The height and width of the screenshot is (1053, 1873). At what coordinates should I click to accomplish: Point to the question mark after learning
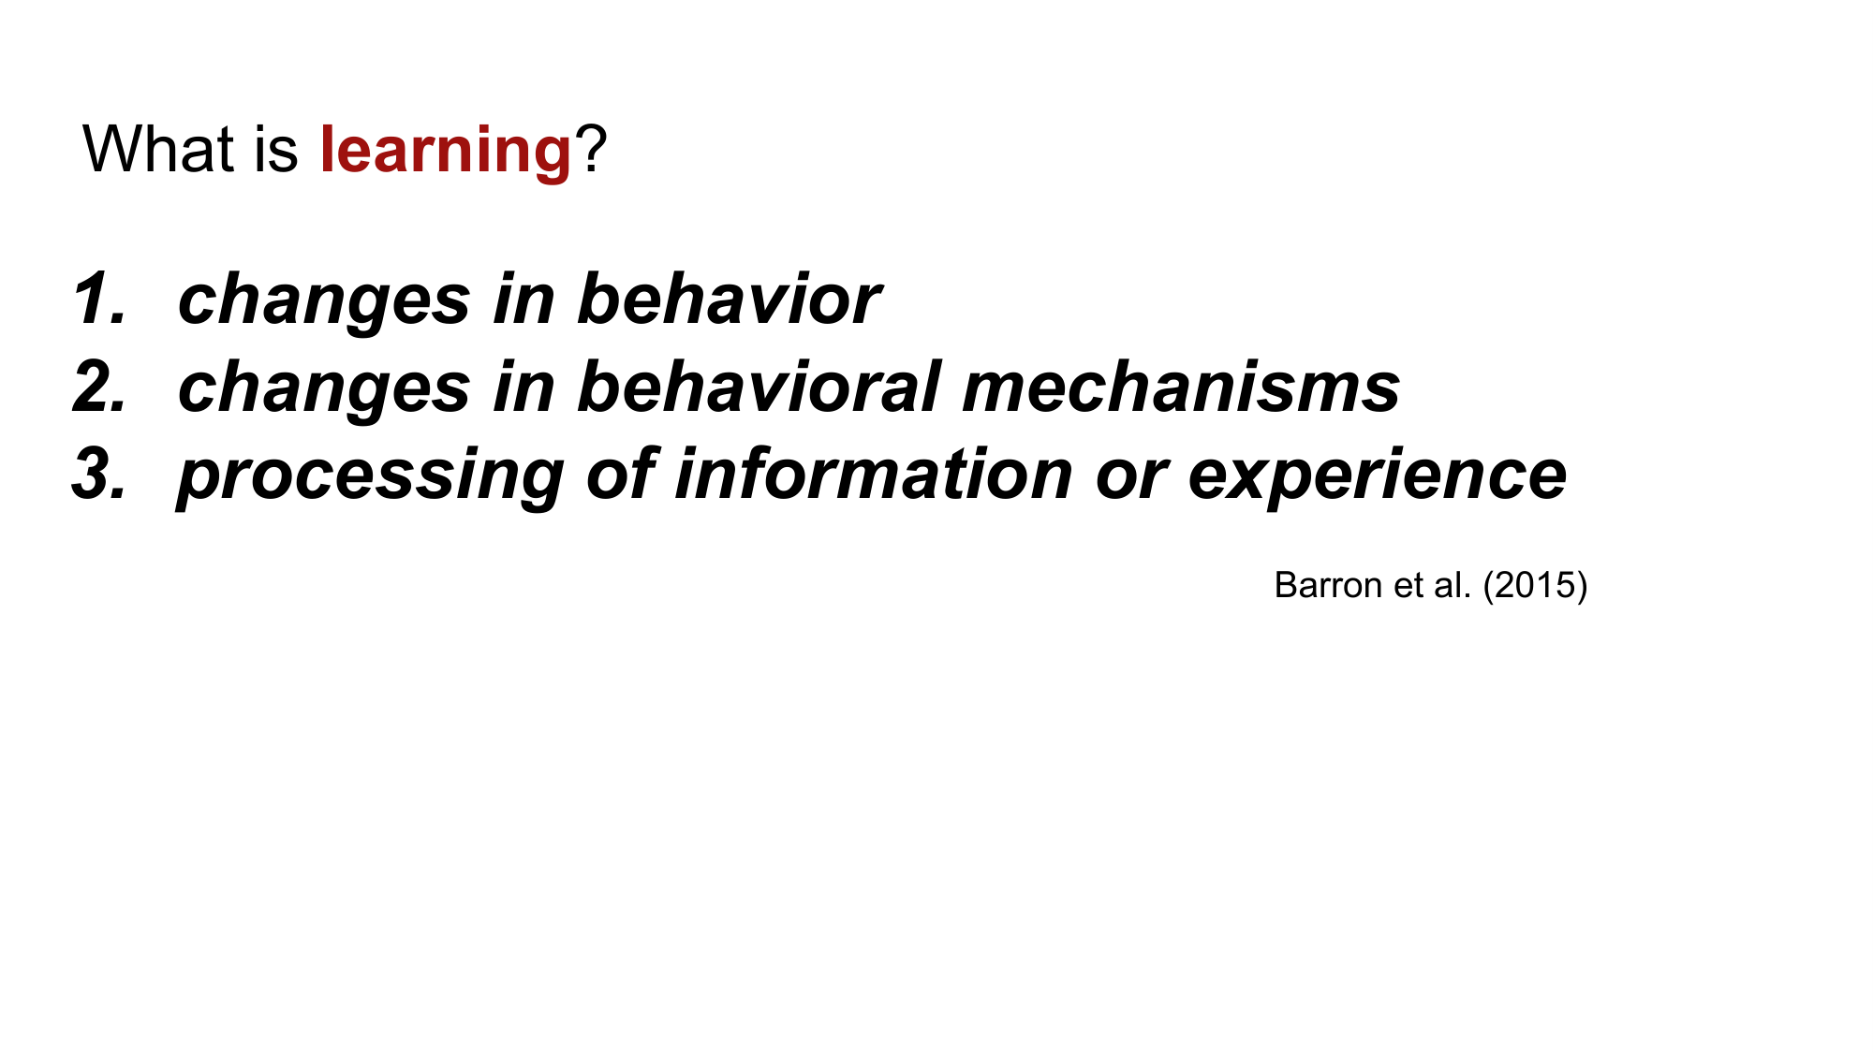[x=591, y=150]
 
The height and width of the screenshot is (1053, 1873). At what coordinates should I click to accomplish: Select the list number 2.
[x=98, y=388]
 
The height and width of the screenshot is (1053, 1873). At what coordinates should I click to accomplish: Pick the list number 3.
[x=98, y=474]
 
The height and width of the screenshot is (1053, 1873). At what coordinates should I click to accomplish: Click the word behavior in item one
[x=729, y=300]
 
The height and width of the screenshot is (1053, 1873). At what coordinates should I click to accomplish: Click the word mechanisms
[x=1181, y=388]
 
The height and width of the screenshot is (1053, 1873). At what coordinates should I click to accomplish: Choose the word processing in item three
[x=371, y=475]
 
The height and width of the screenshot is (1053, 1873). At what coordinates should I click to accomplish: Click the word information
[x=873, y=474]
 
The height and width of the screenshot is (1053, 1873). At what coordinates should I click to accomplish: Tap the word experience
[x=1377, y=475]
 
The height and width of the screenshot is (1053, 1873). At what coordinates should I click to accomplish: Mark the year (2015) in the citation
[x=1535, y=585]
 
